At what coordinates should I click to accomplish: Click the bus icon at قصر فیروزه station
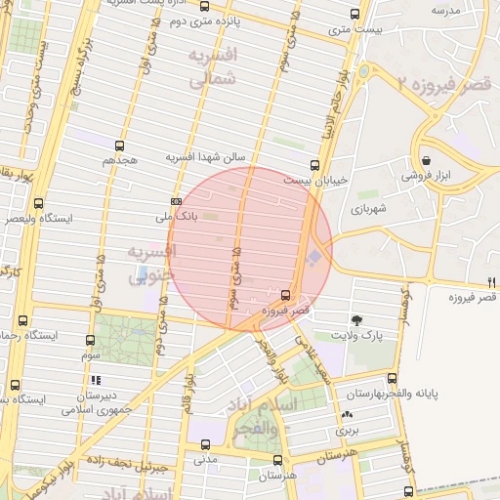[x=285, y=294]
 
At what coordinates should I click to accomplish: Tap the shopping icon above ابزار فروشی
[x=426, y=161]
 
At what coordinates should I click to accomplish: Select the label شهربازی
[x=372, y=209]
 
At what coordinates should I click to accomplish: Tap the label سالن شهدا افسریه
[x=211, y=156]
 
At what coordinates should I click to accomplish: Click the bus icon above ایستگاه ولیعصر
[x=38, y=203]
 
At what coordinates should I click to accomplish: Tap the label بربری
[x=349, y=430]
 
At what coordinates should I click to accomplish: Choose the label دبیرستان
[x=96, y=396]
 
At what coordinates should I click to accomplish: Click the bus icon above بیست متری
[x=354, y=14]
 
